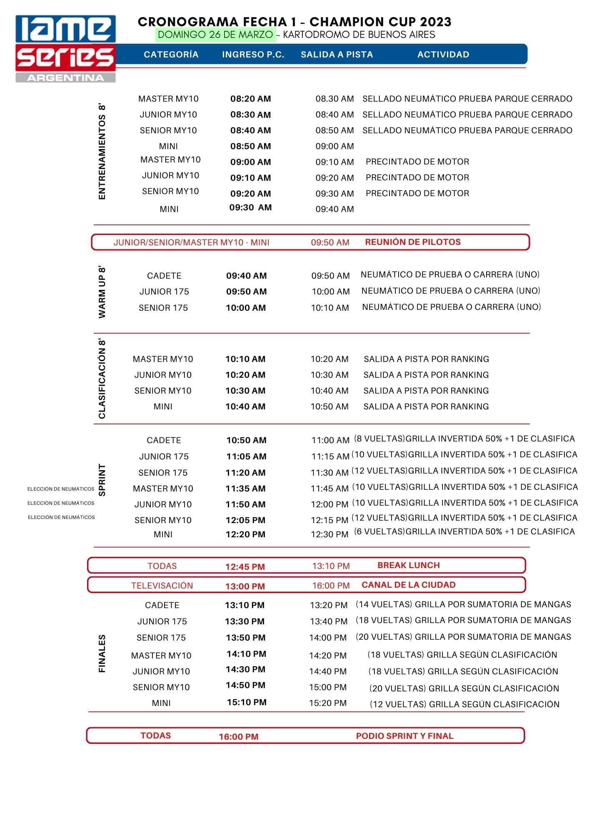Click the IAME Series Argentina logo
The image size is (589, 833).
65,49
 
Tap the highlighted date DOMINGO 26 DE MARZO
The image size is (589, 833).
215,35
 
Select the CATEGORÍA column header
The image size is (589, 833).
171,55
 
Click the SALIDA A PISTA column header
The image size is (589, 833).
337,55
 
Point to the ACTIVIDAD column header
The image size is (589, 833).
443,55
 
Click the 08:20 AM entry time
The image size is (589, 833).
250,99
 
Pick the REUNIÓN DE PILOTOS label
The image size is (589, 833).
412,242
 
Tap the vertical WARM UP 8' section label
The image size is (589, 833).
102,292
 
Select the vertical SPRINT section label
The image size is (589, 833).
102,480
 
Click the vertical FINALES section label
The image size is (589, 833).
102,653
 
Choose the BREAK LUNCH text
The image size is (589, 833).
408,565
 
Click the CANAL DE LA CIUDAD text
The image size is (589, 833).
408,585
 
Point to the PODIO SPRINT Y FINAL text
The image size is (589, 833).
404,736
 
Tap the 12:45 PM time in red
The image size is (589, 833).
245,566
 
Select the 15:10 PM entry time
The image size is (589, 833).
247,702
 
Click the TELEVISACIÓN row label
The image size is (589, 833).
162,586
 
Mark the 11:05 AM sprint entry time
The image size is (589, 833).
246,456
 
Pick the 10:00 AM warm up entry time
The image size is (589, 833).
246,308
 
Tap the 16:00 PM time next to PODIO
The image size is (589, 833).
239,737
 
